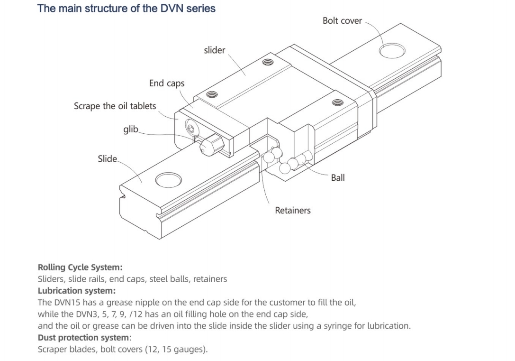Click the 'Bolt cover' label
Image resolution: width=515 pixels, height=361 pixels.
pyautogui.click(x=342, y=21)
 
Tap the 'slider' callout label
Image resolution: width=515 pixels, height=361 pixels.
pyautogui.click(x=215, y=50)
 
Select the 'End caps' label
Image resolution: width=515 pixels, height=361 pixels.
pyautogui.click(x=167, y=83)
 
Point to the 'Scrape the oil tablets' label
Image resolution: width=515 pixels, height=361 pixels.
pyautogui.click(x=115, y=106)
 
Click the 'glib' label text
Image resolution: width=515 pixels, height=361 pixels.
pyautogui.click(x=131, y=129)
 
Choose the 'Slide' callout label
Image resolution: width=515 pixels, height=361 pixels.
pyautogui.click(x=107, y=159)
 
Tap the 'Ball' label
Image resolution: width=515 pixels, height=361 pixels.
pyautogui.click(x=338, y=178)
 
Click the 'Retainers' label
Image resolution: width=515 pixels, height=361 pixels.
pyautogui.click(x=293, y=210)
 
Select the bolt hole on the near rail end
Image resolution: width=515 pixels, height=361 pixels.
pyautogui.click(x=168, y=179)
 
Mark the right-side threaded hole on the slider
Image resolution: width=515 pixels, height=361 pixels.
pyautogui.click(x=337, y=102)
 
